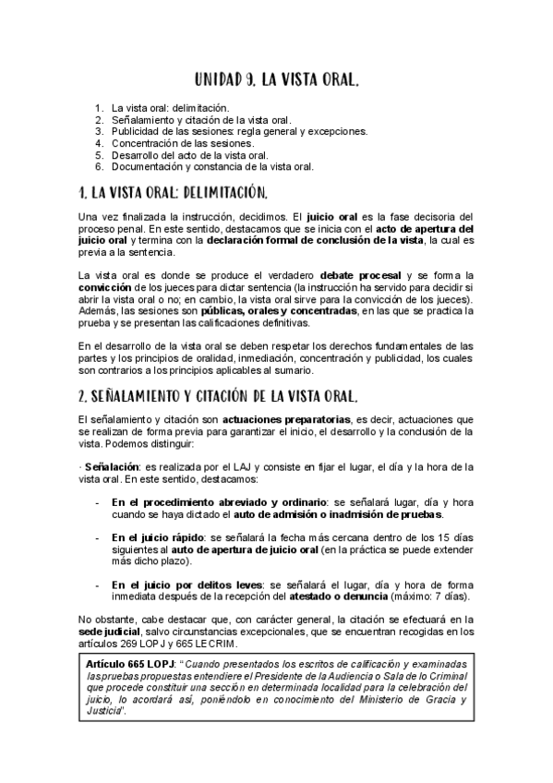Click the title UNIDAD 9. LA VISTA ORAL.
coord(277,81)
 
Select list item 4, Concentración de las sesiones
coord(182,143)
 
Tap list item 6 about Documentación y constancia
coord(212,167)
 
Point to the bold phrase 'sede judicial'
coord(107,632)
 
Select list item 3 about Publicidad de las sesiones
coord(240,131)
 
